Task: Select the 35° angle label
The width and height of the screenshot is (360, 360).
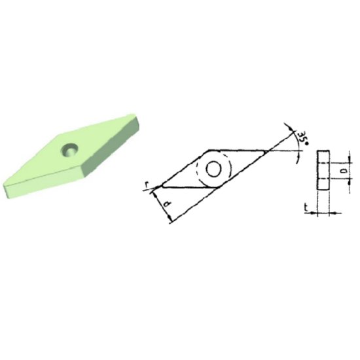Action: coord(302,138)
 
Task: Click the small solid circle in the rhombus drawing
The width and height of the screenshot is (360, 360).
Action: coord(213,169)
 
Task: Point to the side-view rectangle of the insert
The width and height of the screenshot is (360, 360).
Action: coord(322,170)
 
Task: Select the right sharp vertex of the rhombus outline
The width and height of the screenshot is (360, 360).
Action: coord(267,151)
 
